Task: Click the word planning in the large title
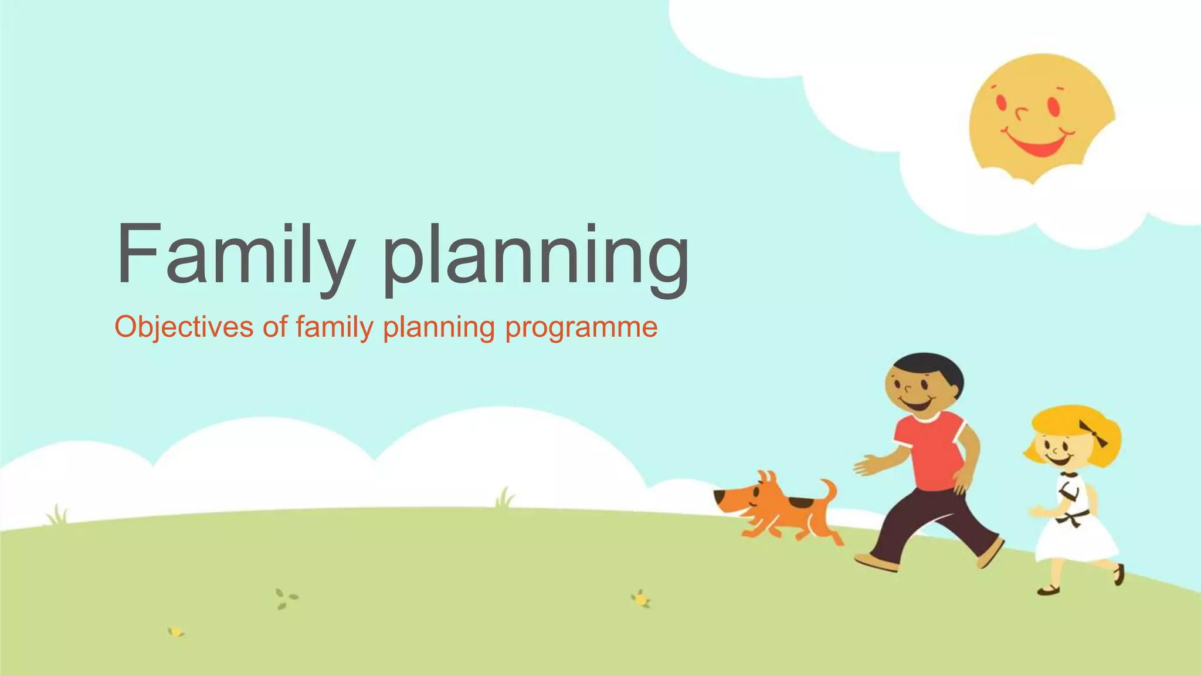click(537, 258)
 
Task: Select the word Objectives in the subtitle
click(184, 327)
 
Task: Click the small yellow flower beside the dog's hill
click(642, 599)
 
